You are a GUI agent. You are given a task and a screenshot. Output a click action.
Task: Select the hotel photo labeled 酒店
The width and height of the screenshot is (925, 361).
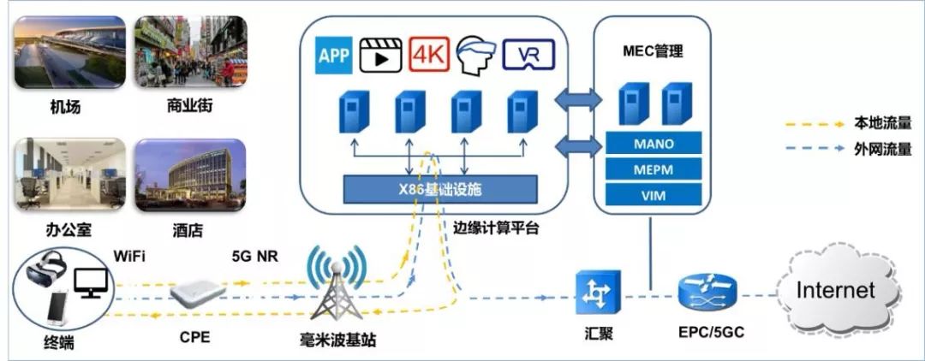(190, 176)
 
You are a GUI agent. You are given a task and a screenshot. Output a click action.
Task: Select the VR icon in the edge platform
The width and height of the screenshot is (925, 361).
(528, 56)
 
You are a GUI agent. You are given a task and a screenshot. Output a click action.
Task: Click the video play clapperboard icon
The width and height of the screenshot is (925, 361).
(381, 56)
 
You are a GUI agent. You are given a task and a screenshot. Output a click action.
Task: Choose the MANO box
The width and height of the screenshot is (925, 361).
(653, 144)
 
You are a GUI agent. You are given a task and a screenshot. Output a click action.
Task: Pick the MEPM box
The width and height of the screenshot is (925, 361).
(653, 169)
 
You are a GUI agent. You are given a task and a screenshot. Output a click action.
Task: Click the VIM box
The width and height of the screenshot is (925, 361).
(653, 196)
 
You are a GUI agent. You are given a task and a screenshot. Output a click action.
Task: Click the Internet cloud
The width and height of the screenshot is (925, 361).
(836, 290)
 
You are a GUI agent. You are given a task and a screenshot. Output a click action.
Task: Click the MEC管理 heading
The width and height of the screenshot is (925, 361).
(653, 51)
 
